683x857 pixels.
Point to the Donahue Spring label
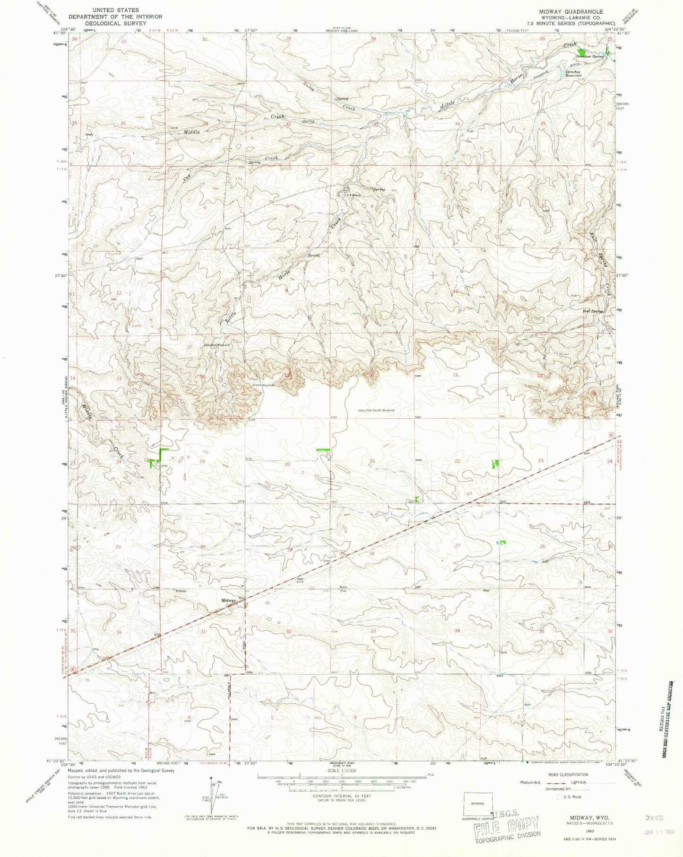click(591, 56)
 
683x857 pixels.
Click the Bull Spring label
click(592, 311)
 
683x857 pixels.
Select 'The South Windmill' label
click(379, 410)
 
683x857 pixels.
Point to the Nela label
click(344, 588)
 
